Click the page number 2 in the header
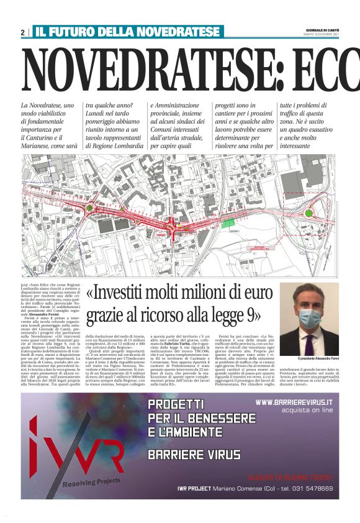coord(23,32)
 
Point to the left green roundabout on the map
coord(89,209)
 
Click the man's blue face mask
coord(310,318)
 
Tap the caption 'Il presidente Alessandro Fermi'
coord(309,359)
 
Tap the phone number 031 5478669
coord(310,489)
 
